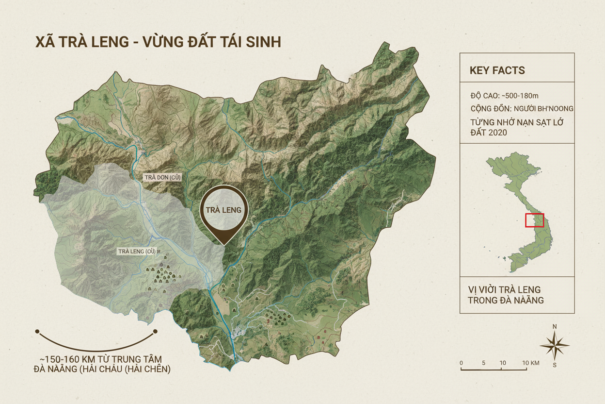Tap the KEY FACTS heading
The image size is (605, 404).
[497, 70]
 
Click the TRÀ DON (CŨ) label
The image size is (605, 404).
[162, 177]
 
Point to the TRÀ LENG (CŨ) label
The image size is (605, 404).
[137, 251]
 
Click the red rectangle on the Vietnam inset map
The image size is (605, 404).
[535, 220]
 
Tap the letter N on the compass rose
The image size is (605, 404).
[555, 326]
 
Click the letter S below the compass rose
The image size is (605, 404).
[555, 365]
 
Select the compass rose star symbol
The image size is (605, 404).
[555, 345]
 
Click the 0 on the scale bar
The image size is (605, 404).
[461, 363]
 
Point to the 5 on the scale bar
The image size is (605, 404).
[483, 363]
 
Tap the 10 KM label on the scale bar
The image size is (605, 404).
[531, 363]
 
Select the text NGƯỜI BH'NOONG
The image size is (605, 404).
[546, 108]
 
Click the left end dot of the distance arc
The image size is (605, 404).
[37, 331]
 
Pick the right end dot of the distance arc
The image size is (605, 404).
[155, 332]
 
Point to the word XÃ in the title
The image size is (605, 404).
[44, 42]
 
